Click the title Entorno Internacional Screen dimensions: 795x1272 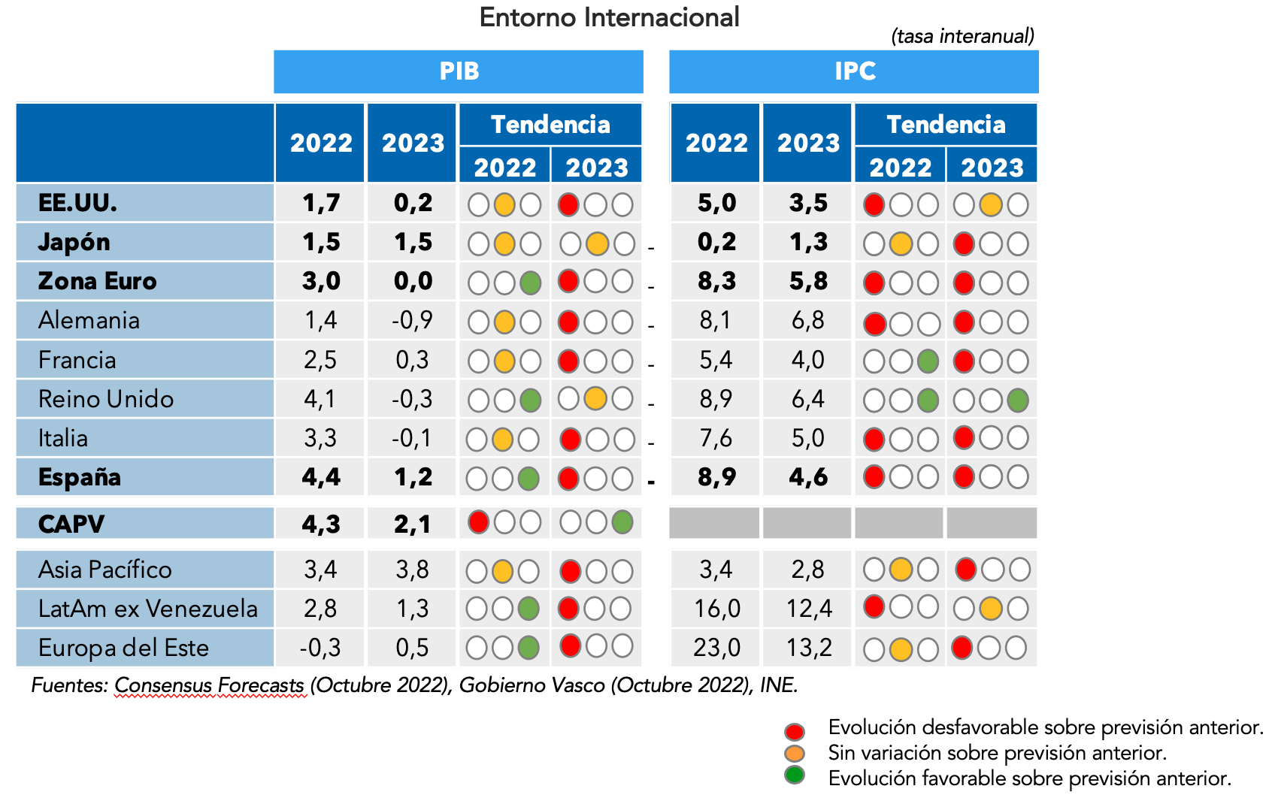[x=609, y=17]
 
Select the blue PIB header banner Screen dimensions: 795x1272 [x=459, y=71]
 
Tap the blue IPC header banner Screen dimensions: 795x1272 [x=854, y=71]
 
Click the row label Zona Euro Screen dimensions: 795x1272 [x=98, y=281]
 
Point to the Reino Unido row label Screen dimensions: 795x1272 [x=106, y=399]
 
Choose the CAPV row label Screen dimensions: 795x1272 [x=71, y=524]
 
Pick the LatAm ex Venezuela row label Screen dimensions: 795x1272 [x=148, y=609]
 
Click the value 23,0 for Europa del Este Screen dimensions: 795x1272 [x=716, y=648]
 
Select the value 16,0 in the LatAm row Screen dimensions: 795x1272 [x=716, y=609]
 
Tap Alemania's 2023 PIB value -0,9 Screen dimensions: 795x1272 [x=412, y=321]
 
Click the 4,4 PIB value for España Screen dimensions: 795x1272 [x=321, y=477]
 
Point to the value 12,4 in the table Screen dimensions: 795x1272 [x=809, y=609]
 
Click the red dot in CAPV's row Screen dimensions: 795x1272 [x=478, y=522]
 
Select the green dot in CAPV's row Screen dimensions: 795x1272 [x=622, y=522]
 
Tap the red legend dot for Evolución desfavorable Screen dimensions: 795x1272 [x=795, y=731]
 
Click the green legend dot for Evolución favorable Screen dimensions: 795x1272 [x=795, y=775]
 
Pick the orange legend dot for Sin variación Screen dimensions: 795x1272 [x=795, y=754]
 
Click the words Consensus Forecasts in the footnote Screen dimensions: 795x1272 [x=210, y=685]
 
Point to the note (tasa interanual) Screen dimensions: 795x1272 [x=962, y=36]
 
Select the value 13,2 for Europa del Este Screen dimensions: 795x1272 [x=809, y=648]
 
